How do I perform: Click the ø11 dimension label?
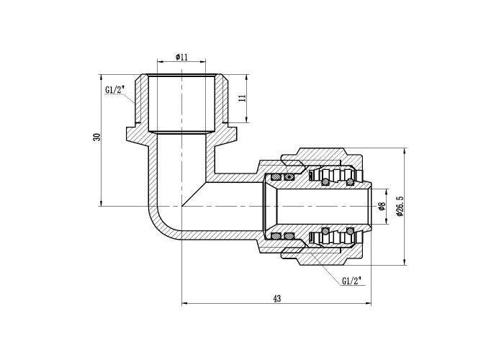pyautogui.click(x=181, y=57)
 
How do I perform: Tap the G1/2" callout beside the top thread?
pyautogui.click(x=114, y=90)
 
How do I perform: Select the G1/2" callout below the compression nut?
pyautogui.click(x=351, y=282)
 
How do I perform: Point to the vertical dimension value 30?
pyautogui.click(x=96, y=137)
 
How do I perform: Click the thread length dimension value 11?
pyautogui.click(x=242, y=98)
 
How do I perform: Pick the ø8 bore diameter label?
pyautogui.click(x=382, y=206)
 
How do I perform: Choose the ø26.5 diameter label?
pyautogui.click(x=400, y=206)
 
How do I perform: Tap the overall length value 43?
pyautogui.click(x=276, y=298)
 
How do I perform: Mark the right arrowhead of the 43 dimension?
pyautogui.click(x=369, y=303)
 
